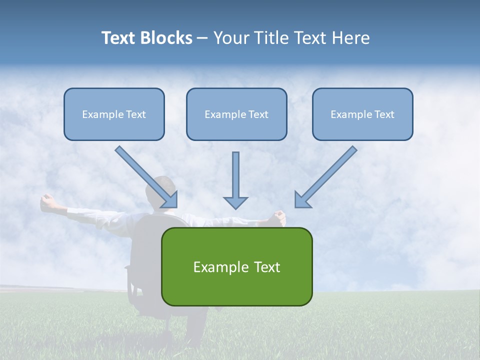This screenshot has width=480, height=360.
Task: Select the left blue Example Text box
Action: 114,114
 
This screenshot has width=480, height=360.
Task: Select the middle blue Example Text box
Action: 236,114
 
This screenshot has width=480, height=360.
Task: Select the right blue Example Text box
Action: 362,114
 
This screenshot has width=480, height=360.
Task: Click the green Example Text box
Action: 236,267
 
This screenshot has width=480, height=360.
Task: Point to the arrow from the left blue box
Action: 145,175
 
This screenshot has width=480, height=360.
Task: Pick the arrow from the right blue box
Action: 327,175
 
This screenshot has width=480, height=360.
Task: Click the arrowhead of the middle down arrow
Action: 235,202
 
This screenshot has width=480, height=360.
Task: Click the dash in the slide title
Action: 202,38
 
